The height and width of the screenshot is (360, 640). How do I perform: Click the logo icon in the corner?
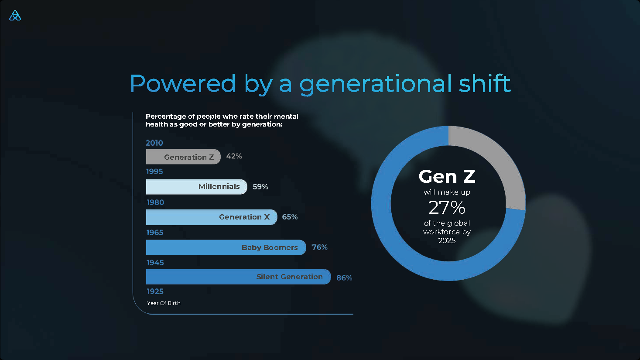[x=15, y=16]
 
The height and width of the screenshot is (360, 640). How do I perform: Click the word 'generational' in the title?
[x=376, y=84]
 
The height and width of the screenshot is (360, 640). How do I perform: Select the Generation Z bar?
[x=183, y=157]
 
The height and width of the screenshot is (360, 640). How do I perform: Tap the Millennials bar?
[x=196, y=187]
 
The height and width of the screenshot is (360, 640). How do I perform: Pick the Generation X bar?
[x=211, y=217]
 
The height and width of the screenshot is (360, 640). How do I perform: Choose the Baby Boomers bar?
[x=226, y=247]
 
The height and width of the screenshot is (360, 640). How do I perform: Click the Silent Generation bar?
[x=238, y=277]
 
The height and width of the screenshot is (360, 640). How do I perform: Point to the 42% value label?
[x=234, y=156]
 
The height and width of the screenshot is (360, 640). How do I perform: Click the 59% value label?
[x=260, y=187]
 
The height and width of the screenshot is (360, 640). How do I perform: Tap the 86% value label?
[x=344, y=278]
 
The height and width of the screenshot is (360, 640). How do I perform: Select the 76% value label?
[x=320, y=247]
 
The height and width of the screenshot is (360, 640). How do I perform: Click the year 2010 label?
[x=154, y=143]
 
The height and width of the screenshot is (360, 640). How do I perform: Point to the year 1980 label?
[x=155, y=202]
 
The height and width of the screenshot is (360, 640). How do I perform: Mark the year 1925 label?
[x=155, y=291]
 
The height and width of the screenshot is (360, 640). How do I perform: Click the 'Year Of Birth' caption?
[x=164, y=303]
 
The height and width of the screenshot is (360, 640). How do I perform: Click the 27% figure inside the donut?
[x=447, y=208]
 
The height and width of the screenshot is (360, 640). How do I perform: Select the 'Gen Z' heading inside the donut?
[x=447, y=177]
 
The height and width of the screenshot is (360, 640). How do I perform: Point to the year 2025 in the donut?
[x=447, y=240]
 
